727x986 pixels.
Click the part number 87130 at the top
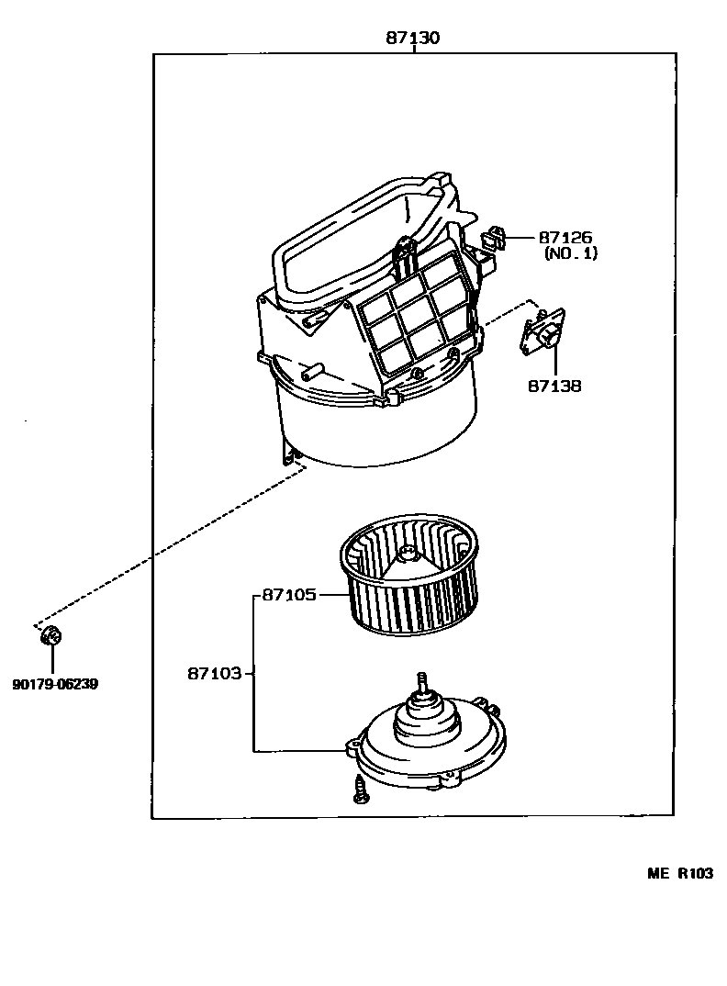pyautogui.click(x=412, y=39)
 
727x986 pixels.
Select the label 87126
pyautogui.click(x=565, y=237)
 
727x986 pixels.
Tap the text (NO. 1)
pyautogui.click(x=570, y=253)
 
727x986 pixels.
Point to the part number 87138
pyautogui.click(x=554, y=387)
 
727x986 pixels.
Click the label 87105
pyautogui.click(x=289, y=595)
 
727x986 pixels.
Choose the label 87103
pyautogui.click(x=214, y=673)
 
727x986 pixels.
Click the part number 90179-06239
pyautogui.click(x=55, y=684)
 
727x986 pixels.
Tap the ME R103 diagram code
pyautogui.click(x=679, y=873)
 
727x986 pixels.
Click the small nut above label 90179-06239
pyautogui.click(x=51, y=634)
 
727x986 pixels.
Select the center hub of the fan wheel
pyautogui.click(x=408, y=555)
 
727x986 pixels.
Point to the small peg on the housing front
pyautogui.click(x=313, y=373)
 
